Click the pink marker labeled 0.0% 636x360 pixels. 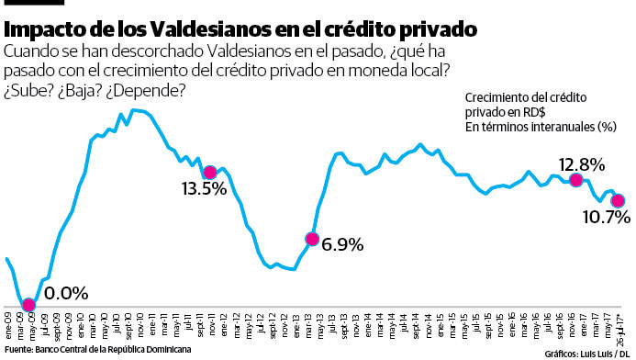click(x=28, y=305)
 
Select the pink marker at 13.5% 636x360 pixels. click(x=210, y=172)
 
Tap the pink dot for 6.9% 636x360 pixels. click(x=312, y=240)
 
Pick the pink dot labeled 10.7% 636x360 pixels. click(x=618, y=200)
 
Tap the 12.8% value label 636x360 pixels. click(x=581, y=163)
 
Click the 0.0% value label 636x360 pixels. click(x=66, y=294)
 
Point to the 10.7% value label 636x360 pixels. click(x=605, y=218)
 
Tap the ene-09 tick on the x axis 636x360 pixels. click(x=8, y=328)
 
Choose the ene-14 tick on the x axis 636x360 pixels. click(x=367, y=328)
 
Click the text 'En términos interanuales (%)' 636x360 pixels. click(x=541, y=126)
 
